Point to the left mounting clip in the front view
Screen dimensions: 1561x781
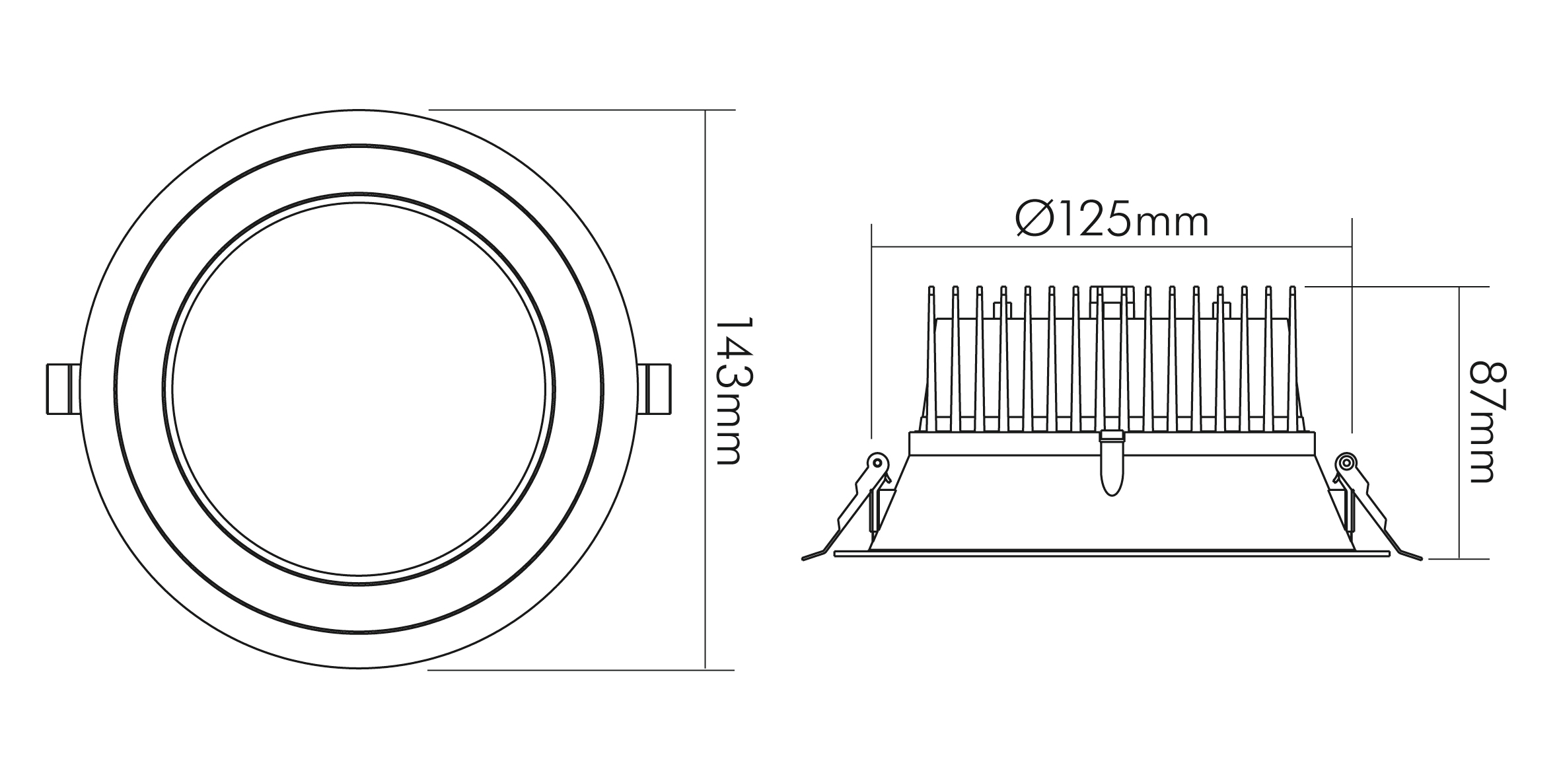point(63,389)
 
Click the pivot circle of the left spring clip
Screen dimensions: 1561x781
point(877,462)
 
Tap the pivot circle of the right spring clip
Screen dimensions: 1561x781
point(1346,462)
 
